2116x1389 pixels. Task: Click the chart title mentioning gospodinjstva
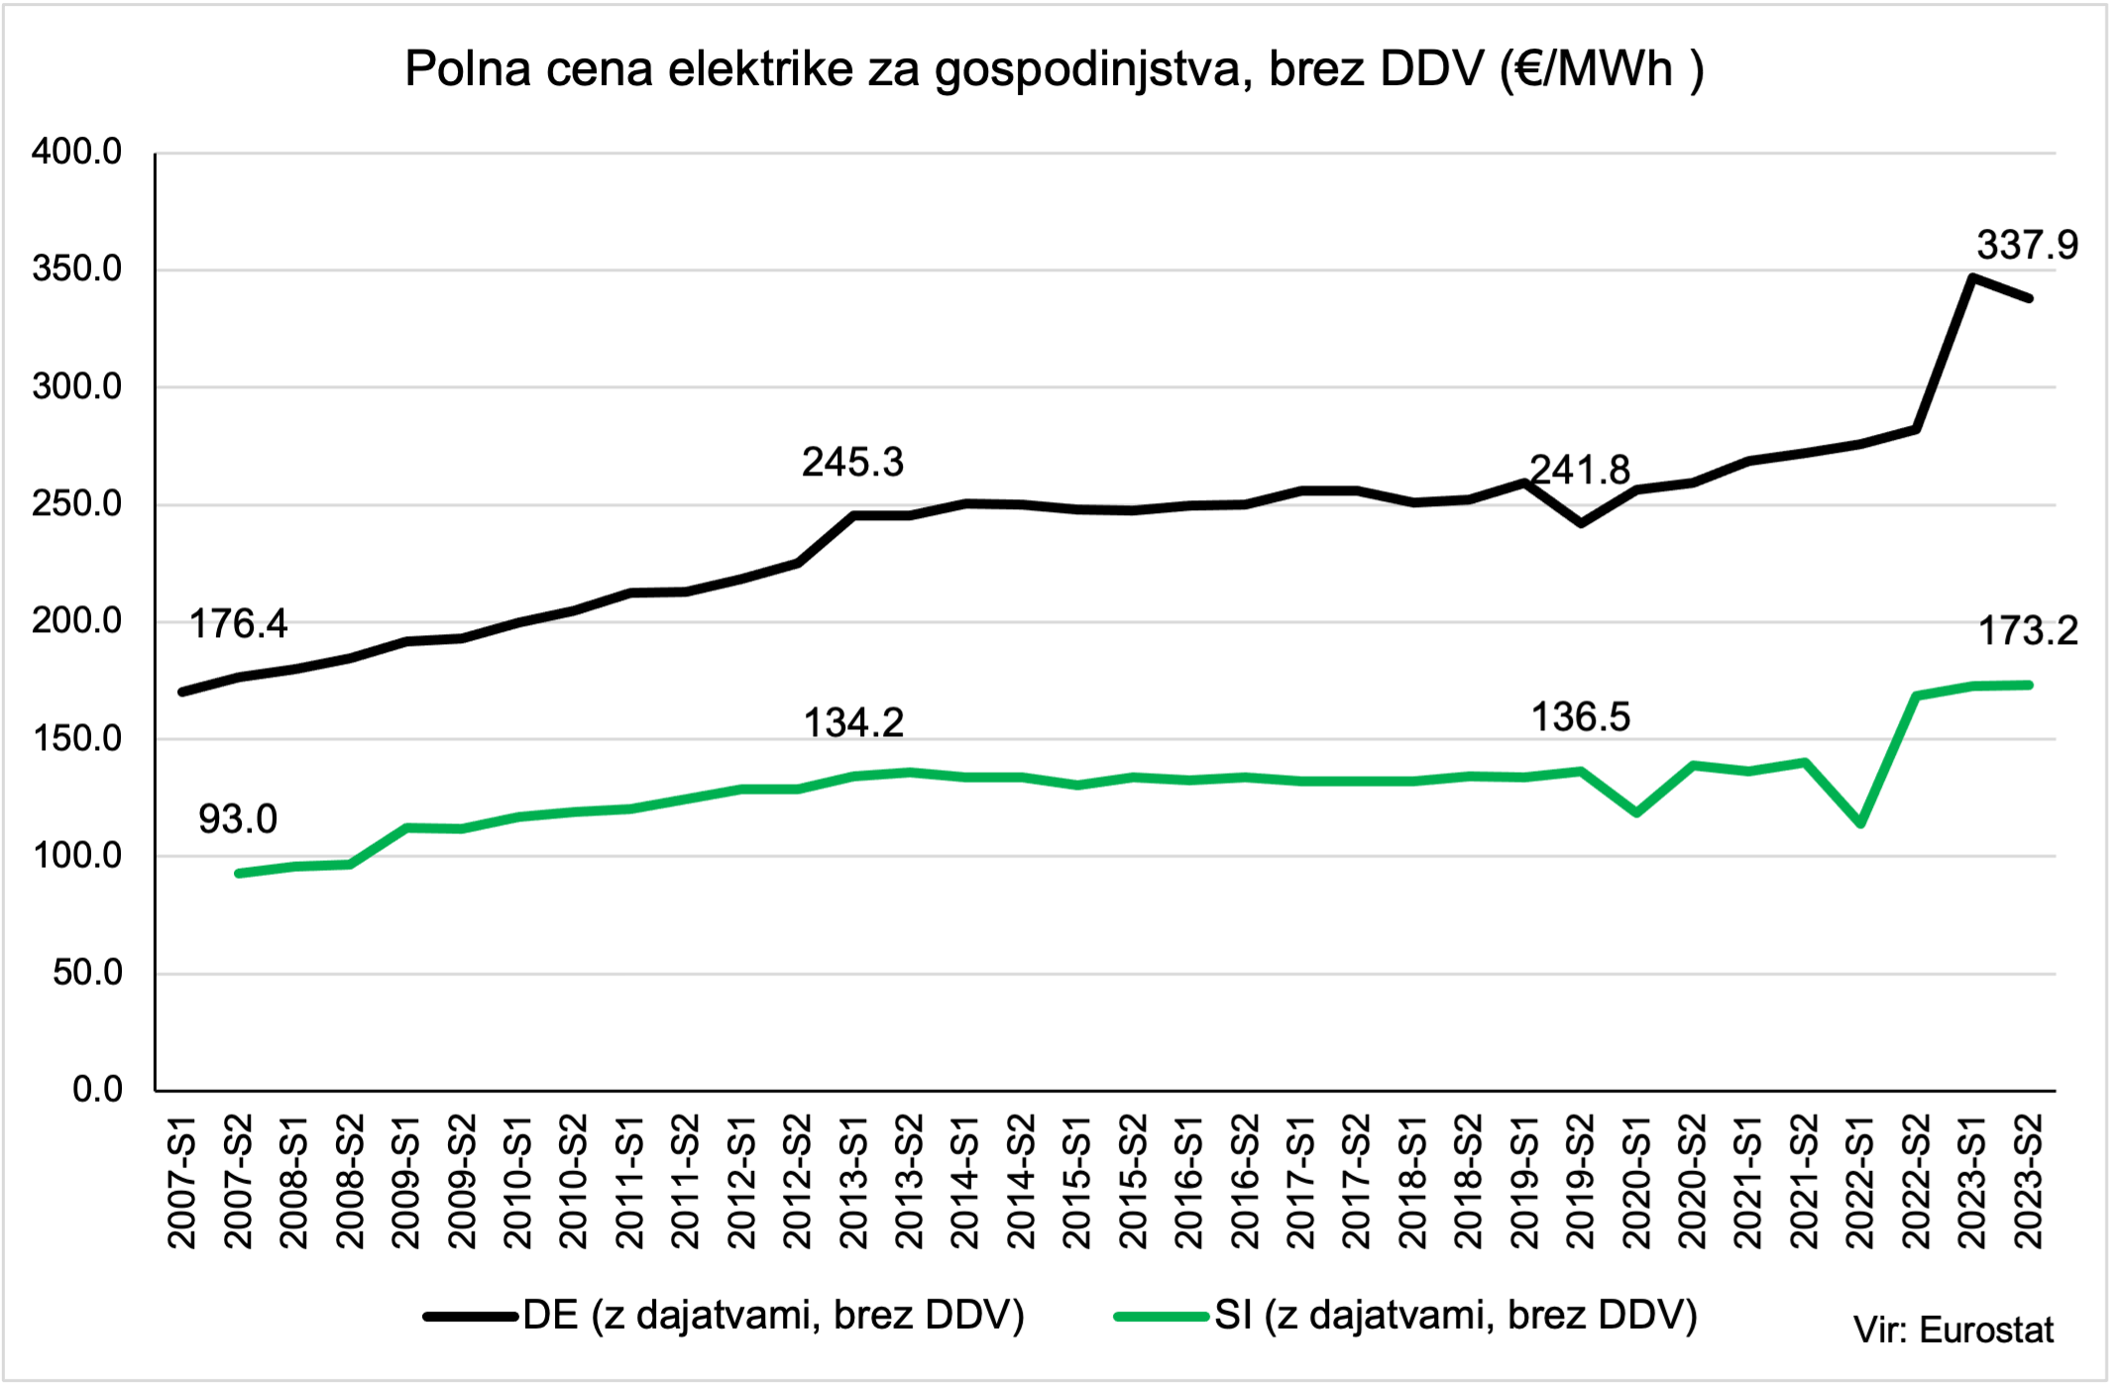(1055, 69)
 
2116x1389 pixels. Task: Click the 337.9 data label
(2027, 245)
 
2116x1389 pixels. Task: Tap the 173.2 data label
(2028, 630)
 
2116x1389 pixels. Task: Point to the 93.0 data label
(238, 819)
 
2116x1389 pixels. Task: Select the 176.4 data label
(238, 624)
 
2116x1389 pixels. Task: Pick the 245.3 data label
(852, 462)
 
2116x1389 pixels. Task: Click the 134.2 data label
(852, 723)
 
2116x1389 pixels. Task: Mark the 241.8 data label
(1580, 470)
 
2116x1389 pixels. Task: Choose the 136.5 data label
(1580, 716)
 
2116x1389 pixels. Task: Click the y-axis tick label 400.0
(76, 153)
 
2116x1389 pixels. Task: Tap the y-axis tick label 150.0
(76, 739)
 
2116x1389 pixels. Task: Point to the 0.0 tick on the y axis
(97, 1090)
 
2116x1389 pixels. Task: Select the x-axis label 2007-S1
(182, 1181)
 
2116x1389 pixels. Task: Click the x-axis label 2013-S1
(853, 1181)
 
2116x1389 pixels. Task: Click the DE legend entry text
(773, 1316)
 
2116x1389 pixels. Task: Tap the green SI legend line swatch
(1161, 1317)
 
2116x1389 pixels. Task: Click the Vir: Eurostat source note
(1953, 1330)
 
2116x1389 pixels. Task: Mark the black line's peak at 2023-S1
(1972, 277)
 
